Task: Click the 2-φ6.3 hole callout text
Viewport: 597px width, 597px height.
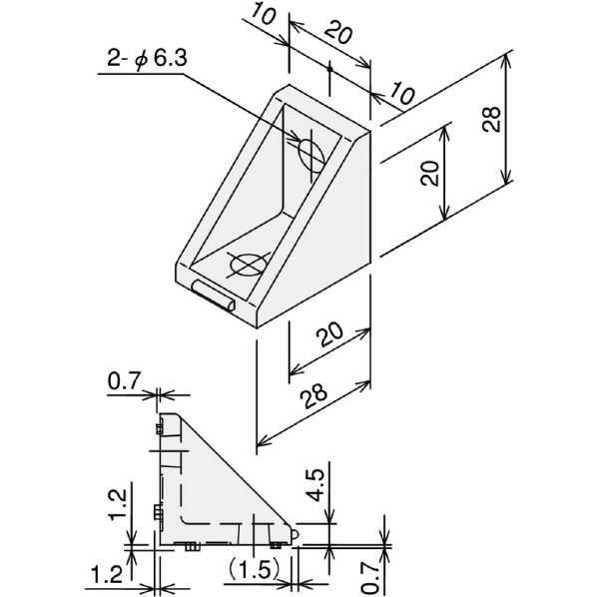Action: [147, 59]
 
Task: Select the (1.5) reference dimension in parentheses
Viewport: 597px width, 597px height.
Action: [255, 570]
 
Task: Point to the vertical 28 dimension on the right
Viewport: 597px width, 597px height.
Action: [491, 119]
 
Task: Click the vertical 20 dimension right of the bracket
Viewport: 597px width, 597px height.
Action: [430, 173]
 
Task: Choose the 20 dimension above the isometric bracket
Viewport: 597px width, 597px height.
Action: [338, 32]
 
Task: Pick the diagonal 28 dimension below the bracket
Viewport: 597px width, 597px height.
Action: [313, 394]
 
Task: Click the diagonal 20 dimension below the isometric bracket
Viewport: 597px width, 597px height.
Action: [330, 333]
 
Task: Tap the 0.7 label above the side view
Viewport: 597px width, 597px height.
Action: [125, 380]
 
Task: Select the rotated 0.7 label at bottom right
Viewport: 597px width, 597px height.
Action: [370, 578]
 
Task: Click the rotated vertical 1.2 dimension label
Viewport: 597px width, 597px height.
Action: [117, 504]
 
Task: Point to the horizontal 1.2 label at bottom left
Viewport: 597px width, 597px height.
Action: [107, 574]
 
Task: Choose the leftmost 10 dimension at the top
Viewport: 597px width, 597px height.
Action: [264, 14]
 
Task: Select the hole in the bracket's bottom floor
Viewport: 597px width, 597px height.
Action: [248, 264]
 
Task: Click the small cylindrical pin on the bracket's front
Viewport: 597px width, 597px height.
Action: [214, 296]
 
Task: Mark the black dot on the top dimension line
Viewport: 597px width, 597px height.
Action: [329, 69]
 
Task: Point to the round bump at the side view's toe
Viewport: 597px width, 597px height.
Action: [295, 533]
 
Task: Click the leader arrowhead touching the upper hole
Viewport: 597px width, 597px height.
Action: [295, 136]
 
